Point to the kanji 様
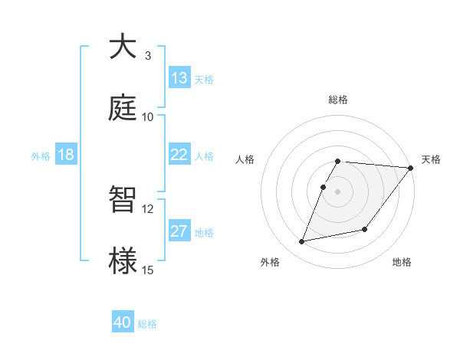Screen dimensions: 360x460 coord(122,260)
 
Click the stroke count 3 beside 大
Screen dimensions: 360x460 coord(147,55)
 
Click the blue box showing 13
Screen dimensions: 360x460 coord(179,78)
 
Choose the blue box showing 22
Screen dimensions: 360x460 coord(179,155)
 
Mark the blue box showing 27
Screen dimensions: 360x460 coord(179,231)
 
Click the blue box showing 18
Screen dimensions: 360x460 coord(66,155)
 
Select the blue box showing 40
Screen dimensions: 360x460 coord(123,322)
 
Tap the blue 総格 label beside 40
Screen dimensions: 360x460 coord(147,324)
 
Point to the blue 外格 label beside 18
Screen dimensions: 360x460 coord(41,156)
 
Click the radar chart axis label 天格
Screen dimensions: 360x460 coord(431,159)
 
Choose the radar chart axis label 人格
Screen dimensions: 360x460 coord(245,159)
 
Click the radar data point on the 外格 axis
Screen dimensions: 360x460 coord(302,242)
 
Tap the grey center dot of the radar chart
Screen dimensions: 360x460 coord(338,191)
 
